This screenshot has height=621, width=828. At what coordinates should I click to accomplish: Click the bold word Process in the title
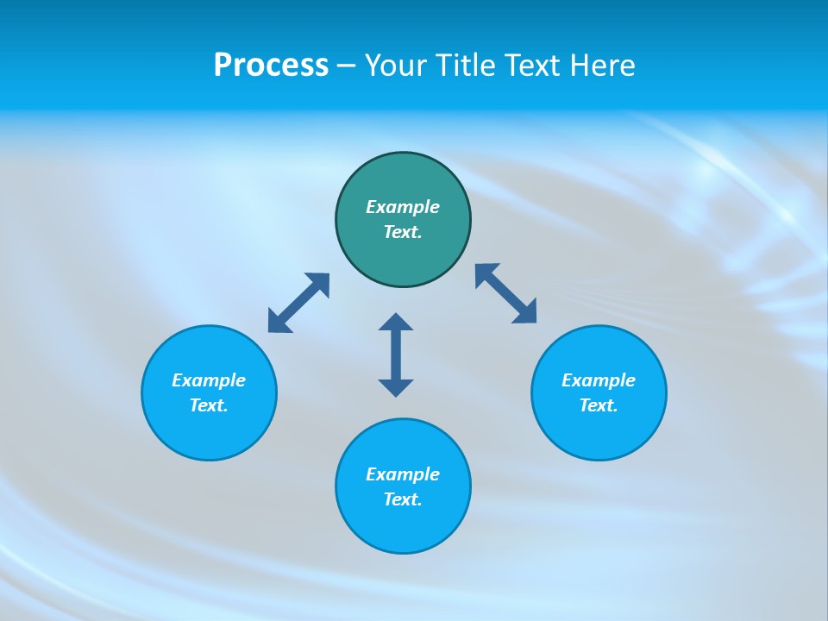pos(271,66)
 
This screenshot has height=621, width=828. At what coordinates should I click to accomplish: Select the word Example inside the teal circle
pos(403,207)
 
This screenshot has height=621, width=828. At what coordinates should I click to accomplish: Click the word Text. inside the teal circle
pos(403,232)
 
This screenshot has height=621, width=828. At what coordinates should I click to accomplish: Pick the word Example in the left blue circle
pos(209,380)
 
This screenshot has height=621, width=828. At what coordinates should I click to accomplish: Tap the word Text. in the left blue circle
pos(209,405)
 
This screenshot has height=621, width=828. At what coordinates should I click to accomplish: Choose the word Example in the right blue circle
pos(599,380)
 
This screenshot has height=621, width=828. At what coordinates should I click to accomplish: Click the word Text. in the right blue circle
pos(599,405)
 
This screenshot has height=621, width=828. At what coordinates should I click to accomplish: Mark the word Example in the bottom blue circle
pos(403,474)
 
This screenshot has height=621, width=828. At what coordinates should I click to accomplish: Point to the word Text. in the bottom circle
pos(403,499)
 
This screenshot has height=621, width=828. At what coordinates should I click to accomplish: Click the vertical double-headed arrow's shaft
pos(396,354)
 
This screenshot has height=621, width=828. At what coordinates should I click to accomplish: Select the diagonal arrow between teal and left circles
pos(298,303)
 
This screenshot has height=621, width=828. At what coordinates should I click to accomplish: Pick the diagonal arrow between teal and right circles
pos(506,294)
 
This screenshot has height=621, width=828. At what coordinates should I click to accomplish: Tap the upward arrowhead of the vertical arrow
pos(396,322)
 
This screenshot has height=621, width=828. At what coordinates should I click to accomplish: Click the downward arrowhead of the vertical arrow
pos(396,387)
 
